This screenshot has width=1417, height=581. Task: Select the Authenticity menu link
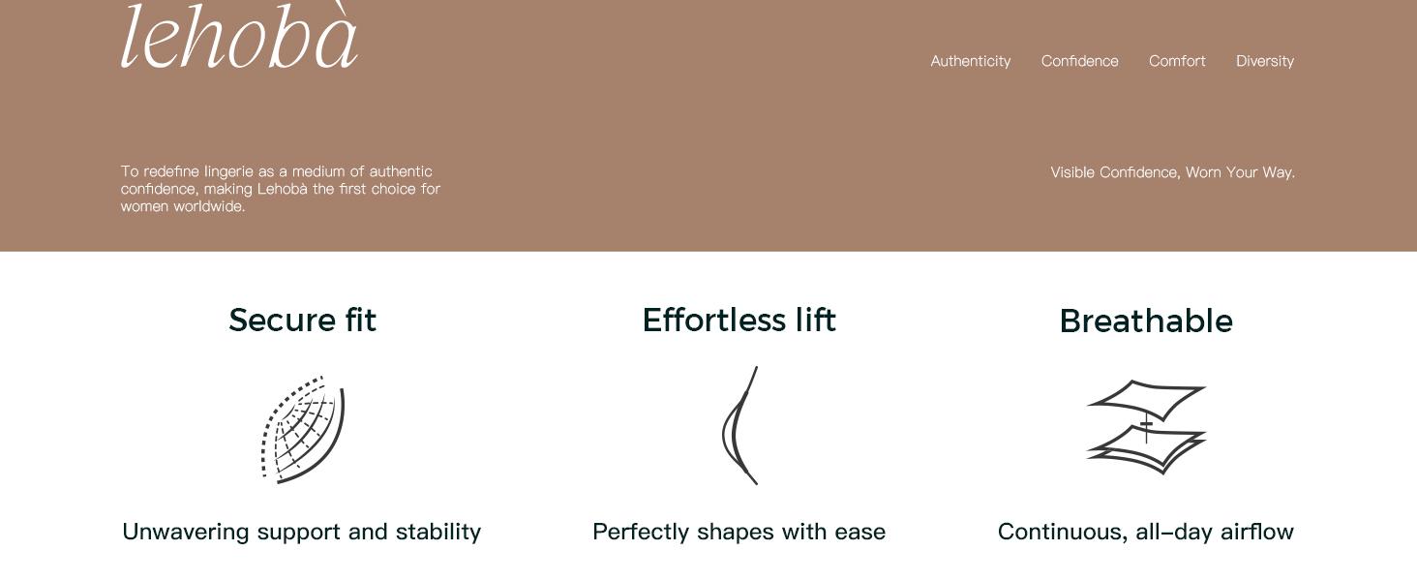(971, 61)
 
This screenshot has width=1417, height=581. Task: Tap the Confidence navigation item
(1080, 61)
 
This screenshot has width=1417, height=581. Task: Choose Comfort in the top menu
(1177, 61)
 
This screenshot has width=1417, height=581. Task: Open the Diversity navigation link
(1265, 61)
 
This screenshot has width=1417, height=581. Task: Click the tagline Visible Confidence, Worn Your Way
(1173, 172)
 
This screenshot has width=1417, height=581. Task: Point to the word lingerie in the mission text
(228, 171)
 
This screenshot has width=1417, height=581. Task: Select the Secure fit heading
(302, 320)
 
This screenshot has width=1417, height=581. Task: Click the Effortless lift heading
(739, 320)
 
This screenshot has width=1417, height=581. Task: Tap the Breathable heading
(1146, 321)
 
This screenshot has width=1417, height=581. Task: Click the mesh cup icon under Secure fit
(303, 429)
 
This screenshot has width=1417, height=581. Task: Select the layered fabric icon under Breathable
(1146, 427)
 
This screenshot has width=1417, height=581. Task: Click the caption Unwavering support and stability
(302, 532)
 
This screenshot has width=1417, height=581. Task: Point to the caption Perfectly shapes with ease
(739, 532)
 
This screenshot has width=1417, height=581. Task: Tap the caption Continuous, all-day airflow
(1146, 532)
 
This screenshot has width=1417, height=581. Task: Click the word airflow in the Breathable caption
(1257, 532)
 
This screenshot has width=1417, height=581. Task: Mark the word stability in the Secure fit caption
(438, 532)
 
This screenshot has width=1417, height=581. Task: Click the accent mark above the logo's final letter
(341, 8)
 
